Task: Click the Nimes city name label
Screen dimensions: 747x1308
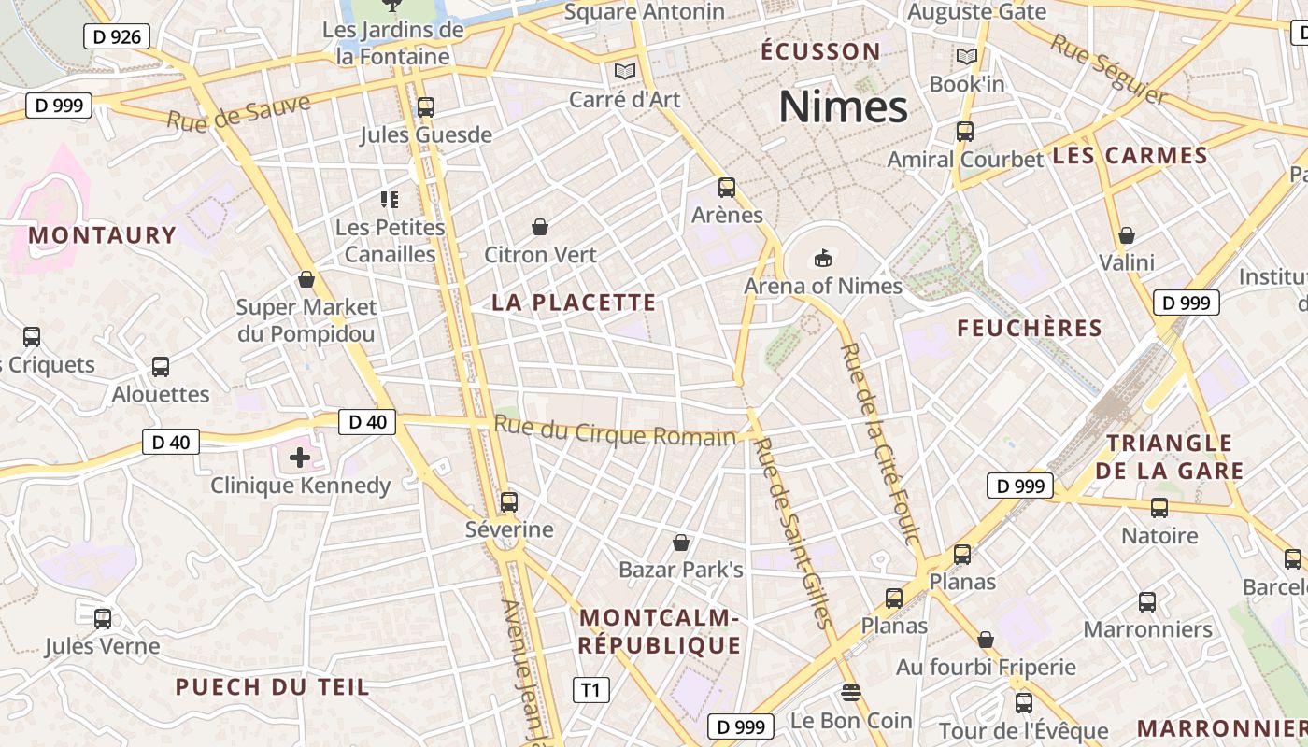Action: click(x=843, y=107)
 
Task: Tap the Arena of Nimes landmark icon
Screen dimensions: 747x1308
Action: click(x=823, y=258)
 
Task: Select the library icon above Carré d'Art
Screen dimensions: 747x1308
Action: click(x=624, y=71)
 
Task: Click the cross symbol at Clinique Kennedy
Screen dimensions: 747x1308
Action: click(x=300, y=458)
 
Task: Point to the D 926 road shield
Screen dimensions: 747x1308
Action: click(x=117, y=36)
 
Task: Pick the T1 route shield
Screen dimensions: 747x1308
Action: click(x=590, y=690)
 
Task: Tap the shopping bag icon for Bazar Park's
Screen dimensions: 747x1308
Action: click(x=682, y=543)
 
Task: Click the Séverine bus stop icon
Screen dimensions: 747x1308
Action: click(x=509, y=502)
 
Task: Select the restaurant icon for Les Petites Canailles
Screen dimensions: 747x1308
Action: click(x=390, y=199)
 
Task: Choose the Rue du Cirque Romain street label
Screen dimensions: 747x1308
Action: click(x=615, y=431)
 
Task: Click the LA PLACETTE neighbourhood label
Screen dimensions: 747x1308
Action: click(x=574, y=303)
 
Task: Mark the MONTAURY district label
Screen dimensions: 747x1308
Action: click(x=102, y=235)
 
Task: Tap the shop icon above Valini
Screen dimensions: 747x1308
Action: click(x=1127, y=235)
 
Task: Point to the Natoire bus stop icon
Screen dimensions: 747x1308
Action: click(x=1159, y=508)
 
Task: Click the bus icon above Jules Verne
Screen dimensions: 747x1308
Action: click(x=103, y=618)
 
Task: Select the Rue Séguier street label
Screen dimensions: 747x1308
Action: click(x=1108, y=69)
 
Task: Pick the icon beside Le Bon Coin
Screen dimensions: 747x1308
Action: click(x=850, y=693)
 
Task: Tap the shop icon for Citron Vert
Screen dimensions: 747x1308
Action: click(x=540, y=227)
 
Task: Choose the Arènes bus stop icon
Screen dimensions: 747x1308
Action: click(x=727, y=188)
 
